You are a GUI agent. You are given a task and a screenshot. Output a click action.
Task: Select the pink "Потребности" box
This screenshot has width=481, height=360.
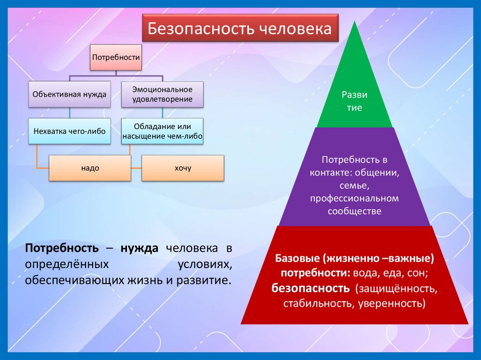pyautogui.click(x=116, y=57)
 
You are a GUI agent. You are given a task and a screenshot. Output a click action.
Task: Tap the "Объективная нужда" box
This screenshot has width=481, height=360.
pyautogui.click(x=69, y=94)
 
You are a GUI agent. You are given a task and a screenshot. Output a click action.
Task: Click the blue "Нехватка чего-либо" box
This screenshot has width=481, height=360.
pyautogui.click(x=70, y=131)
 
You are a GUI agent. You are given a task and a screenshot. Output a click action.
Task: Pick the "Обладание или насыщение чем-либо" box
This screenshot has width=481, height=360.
pyautogui.click(x=163, y=131)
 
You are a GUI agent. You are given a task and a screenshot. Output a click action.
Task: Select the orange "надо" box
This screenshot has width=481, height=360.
pyautogui.click(x=90, y=168)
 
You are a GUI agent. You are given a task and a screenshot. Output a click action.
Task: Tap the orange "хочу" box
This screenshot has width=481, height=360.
pyautogui.click(x=183, y=168)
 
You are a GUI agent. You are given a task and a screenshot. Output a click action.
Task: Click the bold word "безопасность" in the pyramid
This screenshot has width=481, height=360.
pyautogui.click(x=310, y=288)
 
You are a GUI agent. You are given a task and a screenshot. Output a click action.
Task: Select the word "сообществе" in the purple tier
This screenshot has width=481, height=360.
pyautogui.click(x=354, y=211)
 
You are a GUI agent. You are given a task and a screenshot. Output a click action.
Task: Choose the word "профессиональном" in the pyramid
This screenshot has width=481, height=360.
pyautogui.click(x=354, y=199)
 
